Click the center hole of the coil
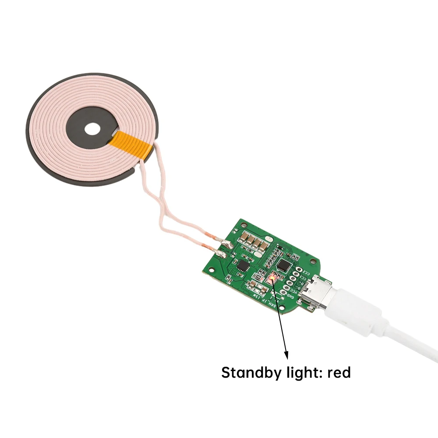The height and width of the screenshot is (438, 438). (92, 129)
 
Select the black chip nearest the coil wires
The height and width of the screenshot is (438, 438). (242, 266)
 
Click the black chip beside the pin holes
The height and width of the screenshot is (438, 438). (284, 265)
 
